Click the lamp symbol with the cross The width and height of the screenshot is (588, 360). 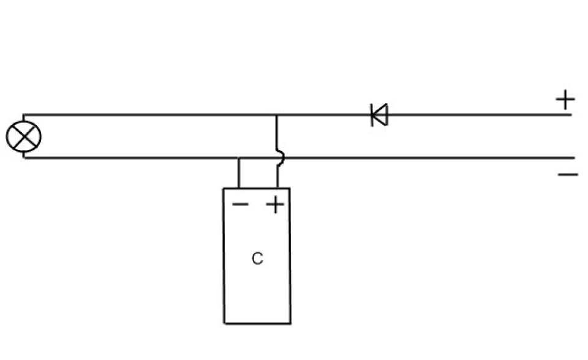pos(24,136)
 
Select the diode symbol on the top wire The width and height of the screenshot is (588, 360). pos(379,114)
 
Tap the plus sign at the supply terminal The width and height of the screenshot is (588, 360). pos(565,99)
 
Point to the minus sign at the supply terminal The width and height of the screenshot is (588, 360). pos(568,174)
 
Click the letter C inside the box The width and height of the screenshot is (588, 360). pos(257,258)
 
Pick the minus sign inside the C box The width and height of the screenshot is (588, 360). pos(240,204)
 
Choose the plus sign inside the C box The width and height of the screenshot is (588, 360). pos(275,204)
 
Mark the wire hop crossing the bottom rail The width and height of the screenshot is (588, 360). pos(281,157)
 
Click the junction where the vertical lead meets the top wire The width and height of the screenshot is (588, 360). pos(277,114)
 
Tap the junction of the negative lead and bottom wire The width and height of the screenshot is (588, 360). pos(239,158)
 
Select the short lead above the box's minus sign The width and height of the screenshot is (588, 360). pos(239,173)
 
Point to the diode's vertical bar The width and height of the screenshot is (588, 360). pos(372,115)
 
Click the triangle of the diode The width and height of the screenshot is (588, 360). pos(380,114)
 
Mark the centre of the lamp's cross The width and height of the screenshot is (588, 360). pos(24,136)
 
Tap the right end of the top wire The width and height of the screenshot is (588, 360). pos(571,114)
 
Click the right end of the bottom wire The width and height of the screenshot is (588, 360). pos(574,158)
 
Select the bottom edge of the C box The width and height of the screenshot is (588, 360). pos(257,323)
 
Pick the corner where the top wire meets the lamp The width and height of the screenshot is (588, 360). pos(24,114)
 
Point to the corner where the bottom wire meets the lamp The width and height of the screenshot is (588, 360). pos(24,158)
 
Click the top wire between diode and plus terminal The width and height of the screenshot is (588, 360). pos(480,114)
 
